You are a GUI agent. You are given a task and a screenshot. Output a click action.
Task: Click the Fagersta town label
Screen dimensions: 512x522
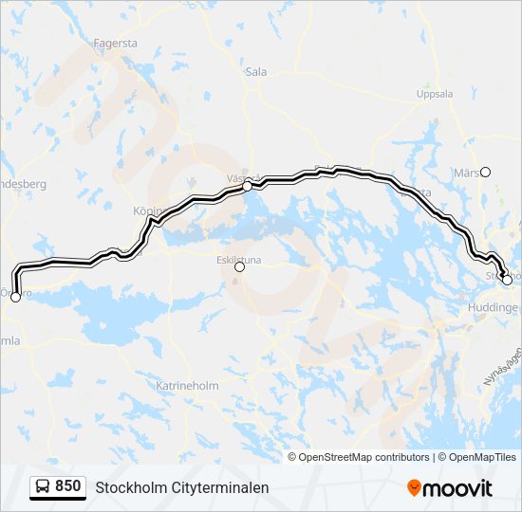117,43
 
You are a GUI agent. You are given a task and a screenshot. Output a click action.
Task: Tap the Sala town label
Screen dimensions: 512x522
256,70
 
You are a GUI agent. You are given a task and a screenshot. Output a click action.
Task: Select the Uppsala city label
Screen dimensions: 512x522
435,94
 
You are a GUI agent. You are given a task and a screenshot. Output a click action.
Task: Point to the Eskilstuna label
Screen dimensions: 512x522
238,256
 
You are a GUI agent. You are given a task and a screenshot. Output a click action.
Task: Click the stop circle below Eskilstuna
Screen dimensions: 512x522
239,267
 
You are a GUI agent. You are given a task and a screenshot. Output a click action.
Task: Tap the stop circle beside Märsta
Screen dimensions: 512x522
486,172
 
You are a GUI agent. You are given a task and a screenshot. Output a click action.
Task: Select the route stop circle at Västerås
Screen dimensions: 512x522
247,187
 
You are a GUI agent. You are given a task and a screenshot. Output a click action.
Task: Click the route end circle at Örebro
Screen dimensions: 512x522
15,298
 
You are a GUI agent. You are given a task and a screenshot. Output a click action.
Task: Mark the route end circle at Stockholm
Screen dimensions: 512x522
507,280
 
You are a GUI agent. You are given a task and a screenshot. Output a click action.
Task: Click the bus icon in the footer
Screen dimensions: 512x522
43,487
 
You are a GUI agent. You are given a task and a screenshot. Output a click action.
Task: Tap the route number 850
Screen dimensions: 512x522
68,486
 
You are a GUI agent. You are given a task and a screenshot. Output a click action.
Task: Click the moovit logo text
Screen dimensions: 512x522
458,488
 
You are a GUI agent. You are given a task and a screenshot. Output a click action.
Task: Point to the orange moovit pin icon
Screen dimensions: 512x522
414,487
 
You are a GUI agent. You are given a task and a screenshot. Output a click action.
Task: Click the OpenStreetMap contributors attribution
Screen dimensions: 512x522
364,457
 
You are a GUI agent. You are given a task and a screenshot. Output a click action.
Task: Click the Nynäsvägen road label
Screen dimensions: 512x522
502,365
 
